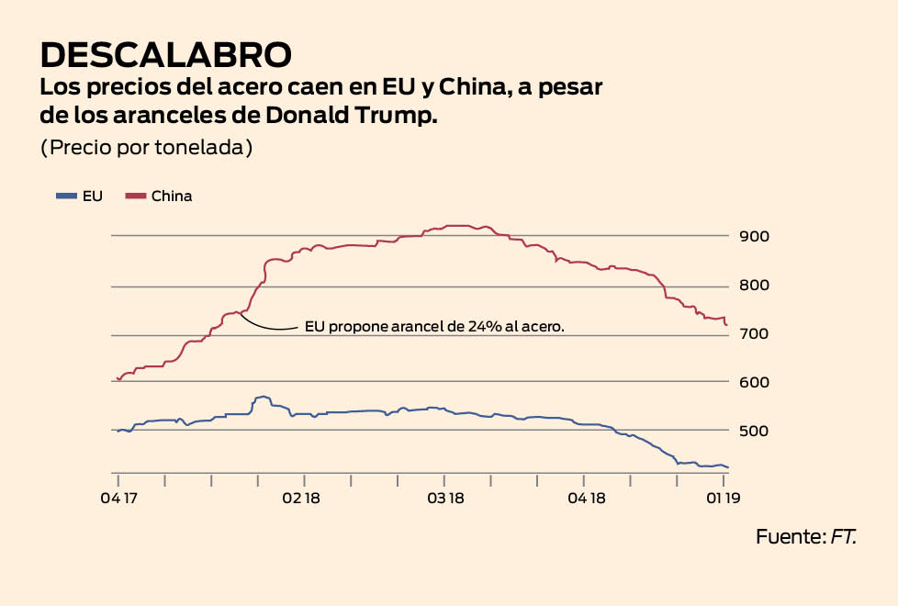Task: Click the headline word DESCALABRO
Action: point(166,55)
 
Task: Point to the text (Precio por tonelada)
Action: point(146,148)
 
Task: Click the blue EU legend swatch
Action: point(66,196)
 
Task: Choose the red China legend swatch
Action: point(135,196)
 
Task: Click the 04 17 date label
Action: point(118,499)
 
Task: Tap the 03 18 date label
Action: point(445,499)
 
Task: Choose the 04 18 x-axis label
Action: point(586,499)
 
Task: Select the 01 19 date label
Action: point(725,499)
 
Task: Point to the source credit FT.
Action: point(844,537)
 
